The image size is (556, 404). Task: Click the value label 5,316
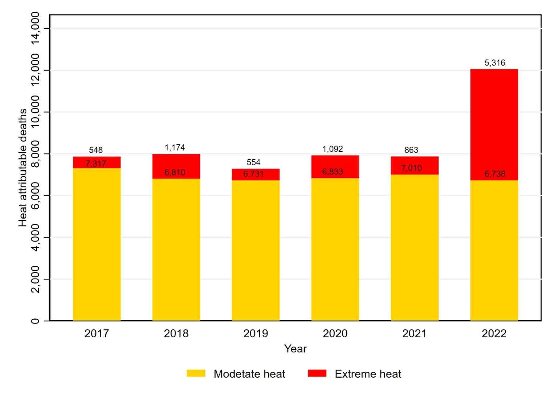[495, 63]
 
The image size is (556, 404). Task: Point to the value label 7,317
[96, 164]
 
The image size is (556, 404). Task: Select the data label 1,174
[175, 148]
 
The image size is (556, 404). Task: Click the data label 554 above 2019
[253, 162]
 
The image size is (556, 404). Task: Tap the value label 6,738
[495, 174]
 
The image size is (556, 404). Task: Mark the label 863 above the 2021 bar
[411, 150]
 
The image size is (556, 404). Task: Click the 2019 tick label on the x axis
[256, 333]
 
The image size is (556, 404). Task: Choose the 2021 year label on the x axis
[414, 333]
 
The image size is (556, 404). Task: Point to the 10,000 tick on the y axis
[35, 112]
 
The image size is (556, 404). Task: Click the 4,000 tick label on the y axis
[35, 237]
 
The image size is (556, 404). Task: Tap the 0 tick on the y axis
[35, 321]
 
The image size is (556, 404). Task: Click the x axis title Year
[295, 349]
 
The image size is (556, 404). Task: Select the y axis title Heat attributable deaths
[23, 168]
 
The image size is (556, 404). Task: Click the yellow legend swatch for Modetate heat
[196, 373]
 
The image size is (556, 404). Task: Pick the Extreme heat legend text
[368, 374]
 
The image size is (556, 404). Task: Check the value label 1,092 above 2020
[333, 149]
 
